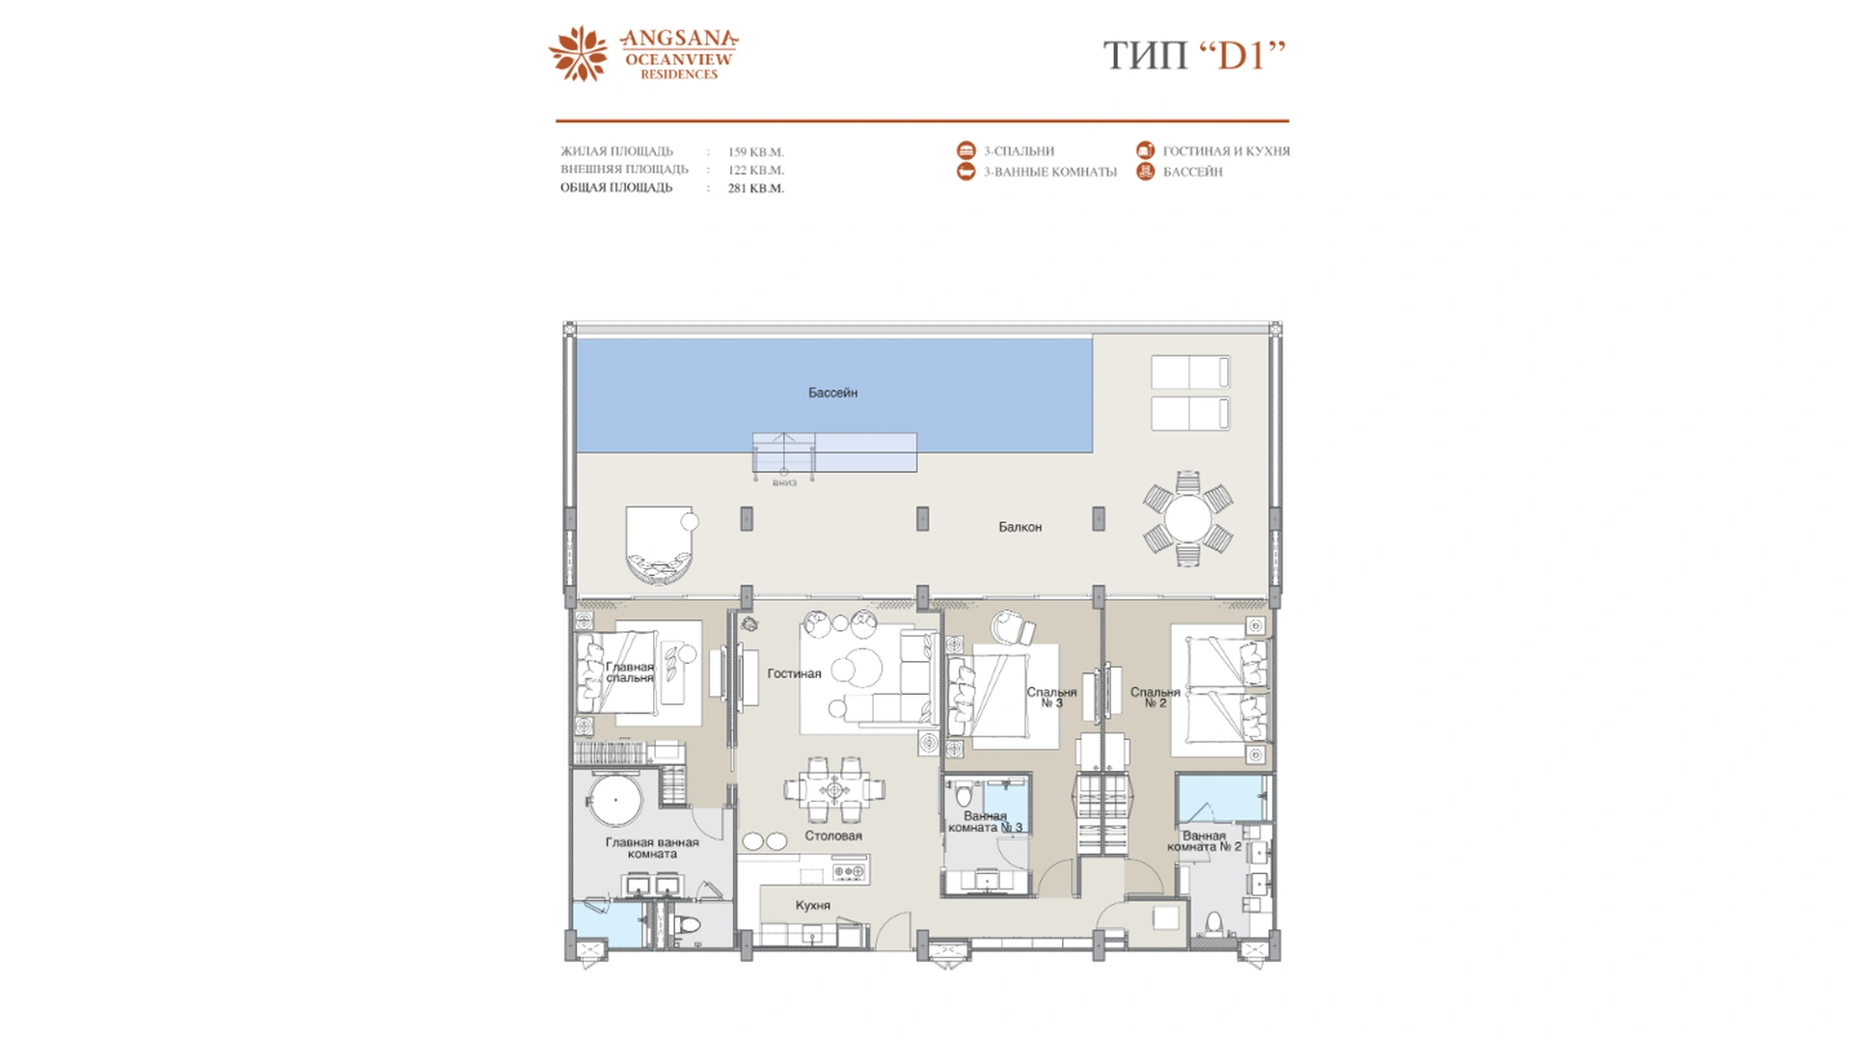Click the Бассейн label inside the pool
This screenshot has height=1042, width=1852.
click(832, 393)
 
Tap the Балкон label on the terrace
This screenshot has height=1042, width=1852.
click(1020, 527)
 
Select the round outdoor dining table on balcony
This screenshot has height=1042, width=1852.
click(1187, 518)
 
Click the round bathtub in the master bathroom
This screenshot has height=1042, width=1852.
click(615, 800)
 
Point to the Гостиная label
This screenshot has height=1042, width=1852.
click(794, 673)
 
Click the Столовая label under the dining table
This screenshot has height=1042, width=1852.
click(833, 836)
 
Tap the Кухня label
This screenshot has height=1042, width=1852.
click(812, 905)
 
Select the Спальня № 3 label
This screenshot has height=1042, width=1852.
click(1051, 697)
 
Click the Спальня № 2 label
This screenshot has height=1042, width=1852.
click(1155, 697)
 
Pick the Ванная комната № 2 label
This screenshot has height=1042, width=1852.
click(1204, 841)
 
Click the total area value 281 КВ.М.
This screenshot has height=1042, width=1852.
click(755, 188)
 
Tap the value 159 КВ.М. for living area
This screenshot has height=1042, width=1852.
click(755, 151)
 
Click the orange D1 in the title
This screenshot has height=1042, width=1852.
click(1241, 56)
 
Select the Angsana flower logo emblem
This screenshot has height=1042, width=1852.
click(579, 53)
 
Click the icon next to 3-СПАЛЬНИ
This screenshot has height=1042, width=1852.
click(966, 151)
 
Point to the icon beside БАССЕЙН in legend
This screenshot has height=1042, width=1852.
click(1145, 172)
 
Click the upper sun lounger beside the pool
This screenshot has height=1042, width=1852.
click(1190, 371)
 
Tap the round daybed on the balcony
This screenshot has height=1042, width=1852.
click(659, 545)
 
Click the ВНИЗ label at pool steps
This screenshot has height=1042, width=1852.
click(784, 482)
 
